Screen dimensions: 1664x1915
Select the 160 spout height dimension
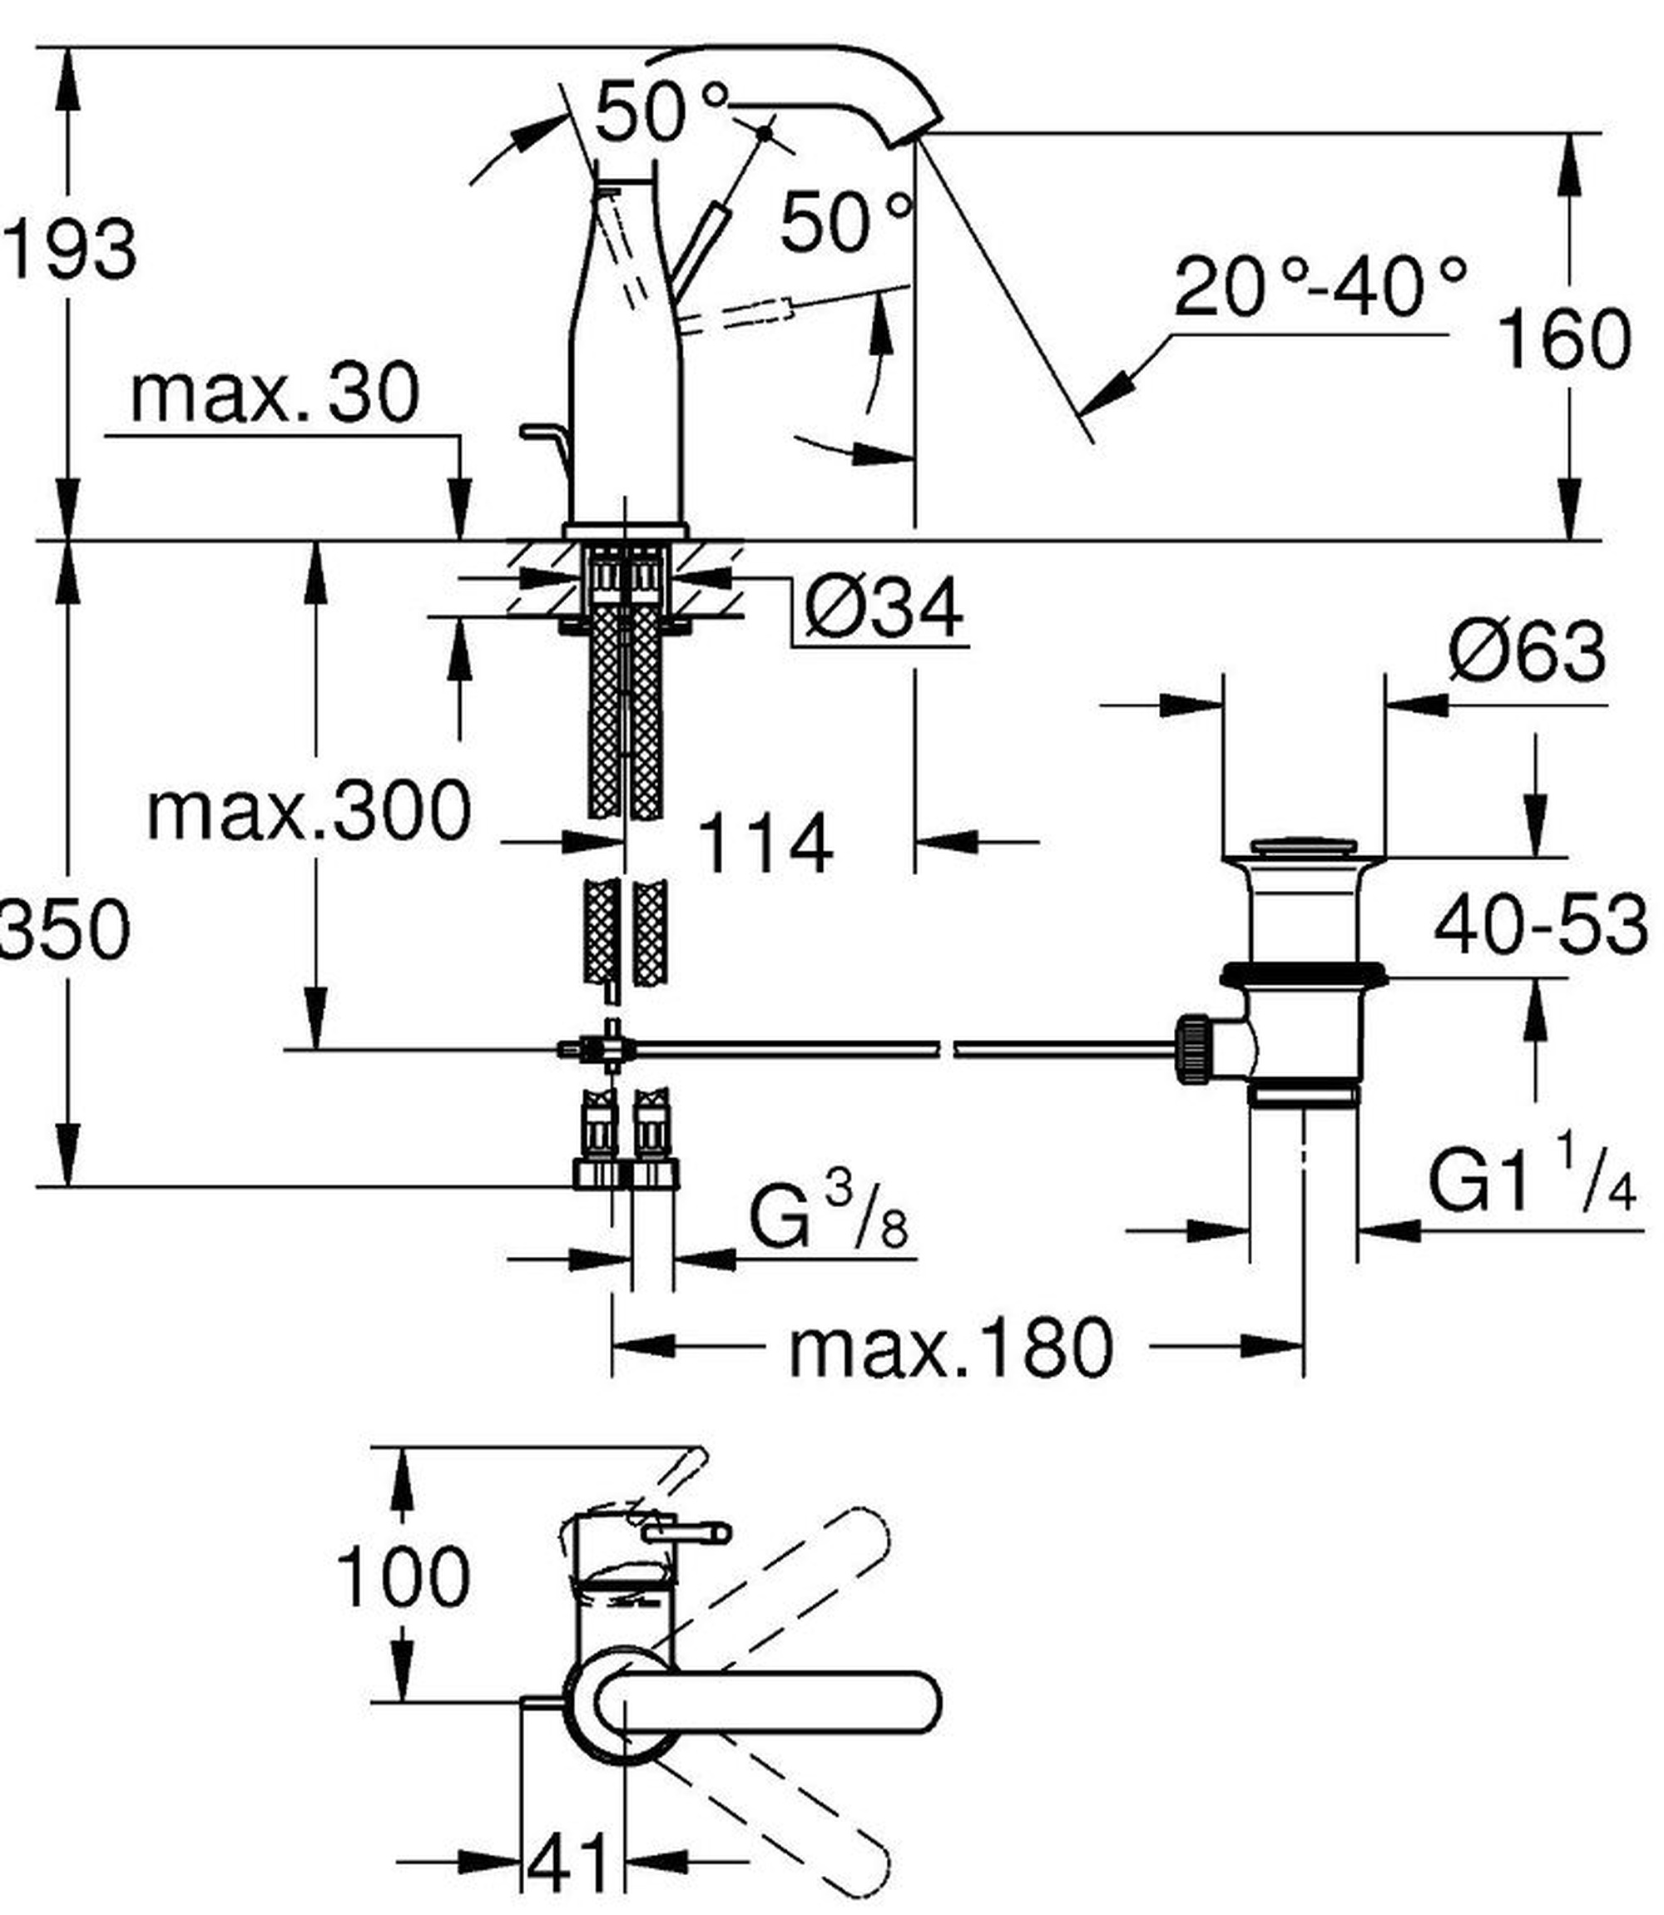tap(1565, 339)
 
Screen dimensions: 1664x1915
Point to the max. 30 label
tap(275, 393)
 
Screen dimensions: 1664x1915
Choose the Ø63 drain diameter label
tap(1528, 651)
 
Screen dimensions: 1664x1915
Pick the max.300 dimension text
tap(310, 811)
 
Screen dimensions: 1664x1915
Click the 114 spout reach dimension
tap(765, 844)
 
